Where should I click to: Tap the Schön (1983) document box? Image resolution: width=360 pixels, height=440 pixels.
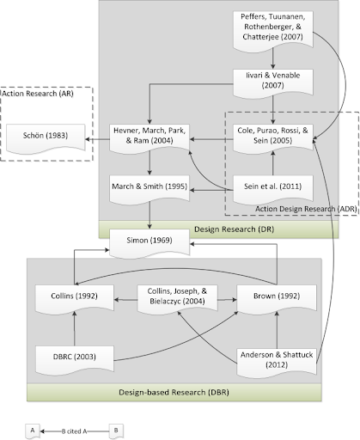click(x=46, y=138)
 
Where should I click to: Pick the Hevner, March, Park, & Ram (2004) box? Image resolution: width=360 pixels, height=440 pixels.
click(x=149, y=138)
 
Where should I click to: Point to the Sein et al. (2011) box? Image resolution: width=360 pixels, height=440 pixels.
click(x=273, y=189)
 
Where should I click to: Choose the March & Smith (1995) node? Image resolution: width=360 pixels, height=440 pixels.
click(x=149, y=189)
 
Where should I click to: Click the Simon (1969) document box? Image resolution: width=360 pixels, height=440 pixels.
click(x=149, y=243)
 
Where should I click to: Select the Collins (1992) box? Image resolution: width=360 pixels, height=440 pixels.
click(x=75, y=299)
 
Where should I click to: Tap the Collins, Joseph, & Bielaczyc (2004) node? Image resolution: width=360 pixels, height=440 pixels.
click(x=177, y=299)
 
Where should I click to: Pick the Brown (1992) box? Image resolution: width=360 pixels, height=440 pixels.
click(x=277, y=299)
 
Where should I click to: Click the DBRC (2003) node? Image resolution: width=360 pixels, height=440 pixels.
click(x=75, y=360)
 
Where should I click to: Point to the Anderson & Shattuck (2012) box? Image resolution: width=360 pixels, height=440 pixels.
click(x=277, y=363)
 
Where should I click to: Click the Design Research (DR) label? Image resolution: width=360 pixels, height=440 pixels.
click(x=234, y=229)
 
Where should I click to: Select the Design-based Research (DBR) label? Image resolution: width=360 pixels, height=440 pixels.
click(x=174, y=392)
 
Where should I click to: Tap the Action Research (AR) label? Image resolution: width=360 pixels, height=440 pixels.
click(x=38, y=94)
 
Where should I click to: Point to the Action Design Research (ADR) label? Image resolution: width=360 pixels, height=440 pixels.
click(x=306, y=209)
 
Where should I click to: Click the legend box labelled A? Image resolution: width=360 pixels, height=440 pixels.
click(x=33, y=431)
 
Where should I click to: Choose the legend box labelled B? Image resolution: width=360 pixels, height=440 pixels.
click(x=116, y=431)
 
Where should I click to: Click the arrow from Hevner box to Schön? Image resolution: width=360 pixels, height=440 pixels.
click(x=98, y=139)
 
